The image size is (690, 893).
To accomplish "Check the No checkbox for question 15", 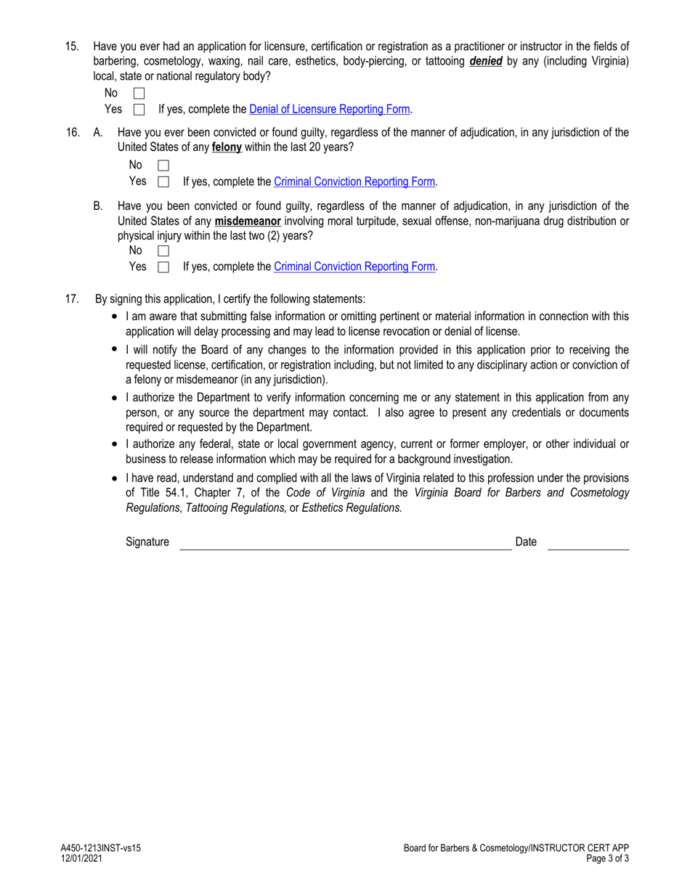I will point(139,94).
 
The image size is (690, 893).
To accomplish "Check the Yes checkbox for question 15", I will point(139,110).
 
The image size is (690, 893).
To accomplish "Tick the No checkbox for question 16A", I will point(163,166).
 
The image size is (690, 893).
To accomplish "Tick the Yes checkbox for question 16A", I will point(163,182).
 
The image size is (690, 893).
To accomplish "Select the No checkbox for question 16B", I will point(163,251).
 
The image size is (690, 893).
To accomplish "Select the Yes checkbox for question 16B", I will point(163,267).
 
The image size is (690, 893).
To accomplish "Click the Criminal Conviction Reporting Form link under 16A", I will point(354,182).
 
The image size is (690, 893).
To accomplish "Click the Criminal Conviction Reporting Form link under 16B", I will point(354,266).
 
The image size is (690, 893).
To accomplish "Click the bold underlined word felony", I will point(227,147).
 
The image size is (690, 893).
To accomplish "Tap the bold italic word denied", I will point(486,62).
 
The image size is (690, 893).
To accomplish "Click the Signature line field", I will point(345,543).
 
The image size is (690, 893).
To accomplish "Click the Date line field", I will point(588,543).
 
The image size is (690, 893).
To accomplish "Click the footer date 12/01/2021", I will point(81,857).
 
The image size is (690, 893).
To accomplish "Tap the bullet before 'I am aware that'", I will point(115,317).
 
